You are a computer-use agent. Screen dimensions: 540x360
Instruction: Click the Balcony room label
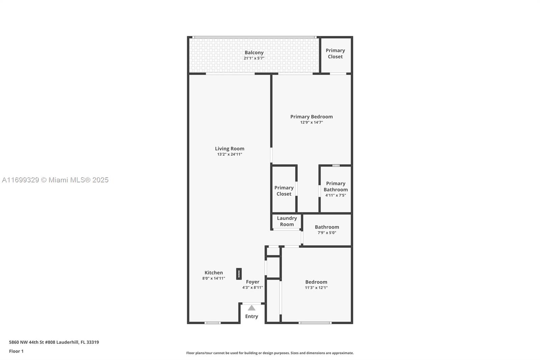click(254, 53)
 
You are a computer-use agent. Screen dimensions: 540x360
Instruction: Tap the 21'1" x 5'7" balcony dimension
click(254, 58)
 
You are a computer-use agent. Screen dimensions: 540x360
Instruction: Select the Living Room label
click(230, 149)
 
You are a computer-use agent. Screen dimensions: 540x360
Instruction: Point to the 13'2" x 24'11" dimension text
click(230, 154)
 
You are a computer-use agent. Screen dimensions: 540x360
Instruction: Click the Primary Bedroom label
click(312, 117)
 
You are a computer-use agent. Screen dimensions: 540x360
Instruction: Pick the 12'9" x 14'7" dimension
click(312, 122)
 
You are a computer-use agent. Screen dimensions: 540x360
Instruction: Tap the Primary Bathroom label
click(335, 186)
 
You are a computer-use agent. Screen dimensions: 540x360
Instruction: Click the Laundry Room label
click(287, 221)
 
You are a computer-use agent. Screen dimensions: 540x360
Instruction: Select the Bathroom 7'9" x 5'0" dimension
click(327, 233)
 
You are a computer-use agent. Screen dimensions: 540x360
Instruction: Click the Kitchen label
click(214, 273)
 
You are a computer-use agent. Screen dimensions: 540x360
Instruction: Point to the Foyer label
click(252, 282)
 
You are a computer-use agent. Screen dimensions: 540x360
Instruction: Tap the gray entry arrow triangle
click(251, 308)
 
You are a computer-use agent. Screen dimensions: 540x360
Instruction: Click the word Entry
click(251, 316)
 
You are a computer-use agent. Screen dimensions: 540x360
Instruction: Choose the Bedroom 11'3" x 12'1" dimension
click(316, 288)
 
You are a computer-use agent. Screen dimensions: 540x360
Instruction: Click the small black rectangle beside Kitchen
click(239, 274)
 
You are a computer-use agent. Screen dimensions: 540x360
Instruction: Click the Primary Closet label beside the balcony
click(335, 54)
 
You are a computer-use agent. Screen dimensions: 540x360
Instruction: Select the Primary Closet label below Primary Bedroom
click(284, 191)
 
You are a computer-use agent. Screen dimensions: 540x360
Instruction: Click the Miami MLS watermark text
click(55, 180)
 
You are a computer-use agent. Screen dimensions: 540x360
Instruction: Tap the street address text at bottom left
click(54, 342)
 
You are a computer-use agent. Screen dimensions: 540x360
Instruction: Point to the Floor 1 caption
click(16, 351)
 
